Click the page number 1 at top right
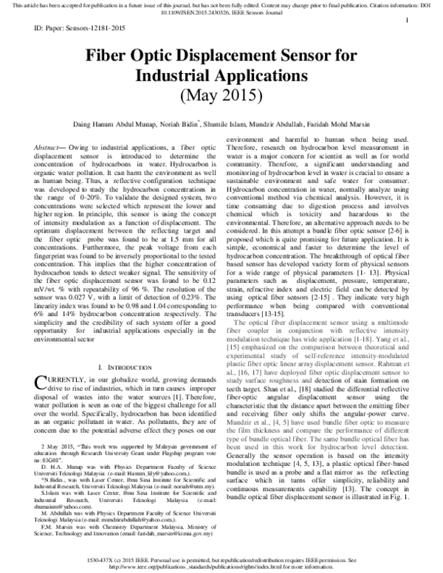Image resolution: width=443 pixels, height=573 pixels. (408, 22)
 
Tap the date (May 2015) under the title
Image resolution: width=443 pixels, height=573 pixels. (221, 96)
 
